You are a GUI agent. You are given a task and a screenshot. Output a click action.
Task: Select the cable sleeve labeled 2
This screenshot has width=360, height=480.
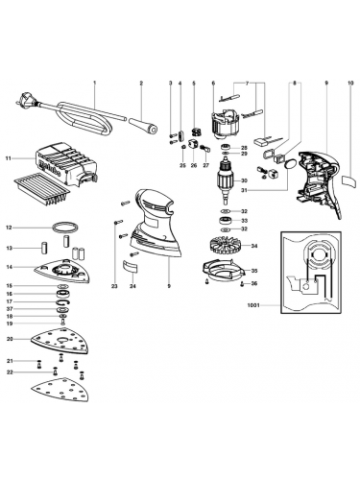[x=143, y=126]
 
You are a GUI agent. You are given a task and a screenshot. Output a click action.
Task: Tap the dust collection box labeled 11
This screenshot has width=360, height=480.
[x=65, y=164]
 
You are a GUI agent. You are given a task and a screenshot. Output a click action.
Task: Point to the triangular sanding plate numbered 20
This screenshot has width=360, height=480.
[x=60, y=342]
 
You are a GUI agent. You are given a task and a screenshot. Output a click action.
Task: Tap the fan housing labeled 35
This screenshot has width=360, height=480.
[x=224, y=272]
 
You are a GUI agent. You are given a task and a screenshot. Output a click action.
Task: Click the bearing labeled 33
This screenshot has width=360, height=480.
[x=226, y=220]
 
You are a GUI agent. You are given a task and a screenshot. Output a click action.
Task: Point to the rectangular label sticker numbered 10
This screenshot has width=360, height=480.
[x=348, y=180]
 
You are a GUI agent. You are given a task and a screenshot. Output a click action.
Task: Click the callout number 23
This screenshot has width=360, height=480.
[x=114, y=286]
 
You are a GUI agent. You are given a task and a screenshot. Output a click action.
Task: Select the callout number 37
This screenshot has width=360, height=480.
[x=10, y=309]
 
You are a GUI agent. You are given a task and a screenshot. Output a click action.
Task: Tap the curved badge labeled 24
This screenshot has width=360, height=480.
[x=130, y=267]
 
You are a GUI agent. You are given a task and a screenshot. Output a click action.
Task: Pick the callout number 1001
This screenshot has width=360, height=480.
[x=252, y=305]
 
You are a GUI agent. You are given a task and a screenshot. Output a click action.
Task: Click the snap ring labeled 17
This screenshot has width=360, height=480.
[x=62, y=301]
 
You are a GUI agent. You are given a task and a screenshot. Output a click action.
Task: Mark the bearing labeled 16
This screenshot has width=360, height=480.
[x=62, y=293]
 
